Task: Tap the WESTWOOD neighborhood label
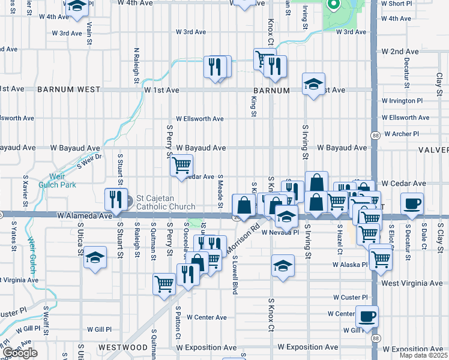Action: (x=122, y=347)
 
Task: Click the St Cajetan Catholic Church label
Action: (x=166, y=202)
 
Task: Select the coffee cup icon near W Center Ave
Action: (x=367, y=316)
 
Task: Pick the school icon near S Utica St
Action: (x=95, y=258)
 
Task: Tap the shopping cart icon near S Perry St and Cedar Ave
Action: (x=181, y=164)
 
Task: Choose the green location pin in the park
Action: (x=332, y=5)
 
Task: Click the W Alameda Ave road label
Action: (x=85, y=215)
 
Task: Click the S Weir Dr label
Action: (x=89, y=160)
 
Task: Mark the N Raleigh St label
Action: (x=136, y=66)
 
